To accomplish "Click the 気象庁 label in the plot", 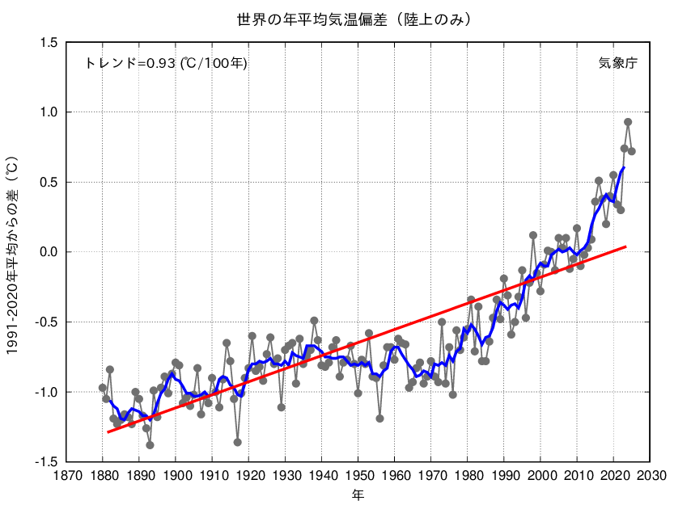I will (x=617, y=63).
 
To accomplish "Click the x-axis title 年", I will (x=358, y=494).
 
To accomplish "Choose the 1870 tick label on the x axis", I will (x=66, y=476).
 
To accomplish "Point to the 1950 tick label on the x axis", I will (x=358, y=476).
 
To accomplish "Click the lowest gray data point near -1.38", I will (x=150, y=445).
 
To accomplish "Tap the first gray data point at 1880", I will (x=103, y=388).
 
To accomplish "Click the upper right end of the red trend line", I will (x=625, y=246).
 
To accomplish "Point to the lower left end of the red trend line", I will (x=108, y=432).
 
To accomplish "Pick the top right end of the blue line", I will (x=624, y=167).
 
